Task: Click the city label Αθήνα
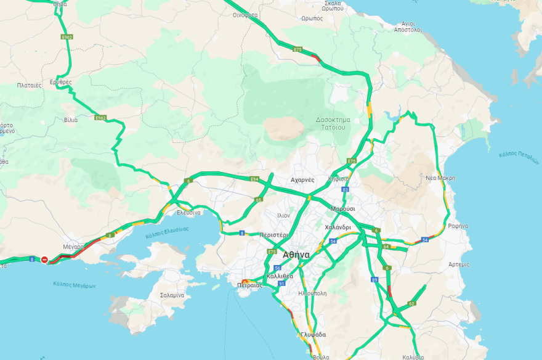301,254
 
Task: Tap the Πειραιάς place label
249,285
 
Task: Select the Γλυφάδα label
313,335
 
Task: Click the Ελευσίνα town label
188,212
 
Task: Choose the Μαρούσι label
342,209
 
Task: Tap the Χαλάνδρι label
338,227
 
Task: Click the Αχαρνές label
302,180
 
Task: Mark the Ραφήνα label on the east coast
458,226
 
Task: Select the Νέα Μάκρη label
440,178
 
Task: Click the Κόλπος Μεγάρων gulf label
75,285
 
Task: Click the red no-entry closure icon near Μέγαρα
44,260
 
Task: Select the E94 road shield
254,178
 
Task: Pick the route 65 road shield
259,200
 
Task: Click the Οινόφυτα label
245,15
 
